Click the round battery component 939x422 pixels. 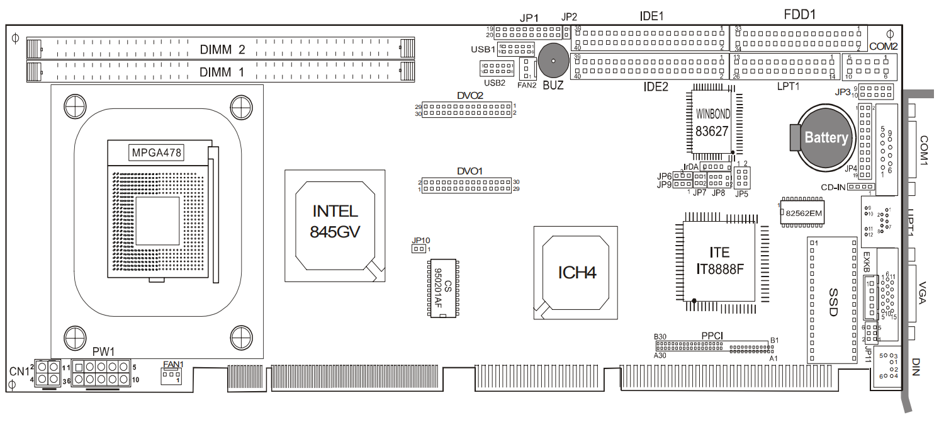(824, 137)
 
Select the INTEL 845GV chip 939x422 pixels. (334, 222)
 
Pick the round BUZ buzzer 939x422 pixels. (552, 61)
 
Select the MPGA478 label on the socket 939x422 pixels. (156, 152)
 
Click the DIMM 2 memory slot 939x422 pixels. (220, 48)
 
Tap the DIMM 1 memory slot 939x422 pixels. (220, 71)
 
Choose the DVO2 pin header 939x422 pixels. (468, 110)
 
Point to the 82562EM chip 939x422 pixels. (802, 214)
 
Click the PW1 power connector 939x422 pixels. (101, 374)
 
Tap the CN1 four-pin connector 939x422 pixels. (48, 373)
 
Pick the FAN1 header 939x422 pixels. (171, 376)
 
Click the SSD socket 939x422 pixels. (832, 300)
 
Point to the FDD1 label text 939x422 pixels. (800, 14)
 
